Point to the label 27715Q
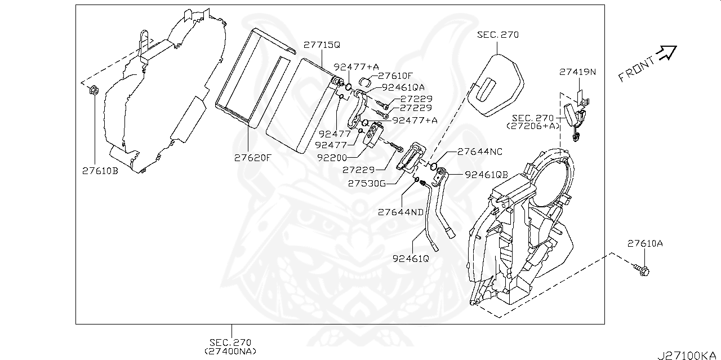(322, 45)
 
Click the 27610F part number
(395, 75)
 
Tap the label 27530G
(366, 183)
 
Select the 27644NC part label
(480, 152)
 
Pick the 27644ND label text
(400, 212)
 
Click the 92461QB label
(487, 175)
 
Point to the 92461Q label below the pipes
(411, 259)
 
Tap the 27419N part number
(578, 72)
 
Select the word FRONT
(637, 69)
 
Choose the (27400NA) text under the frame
(230, 351)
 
